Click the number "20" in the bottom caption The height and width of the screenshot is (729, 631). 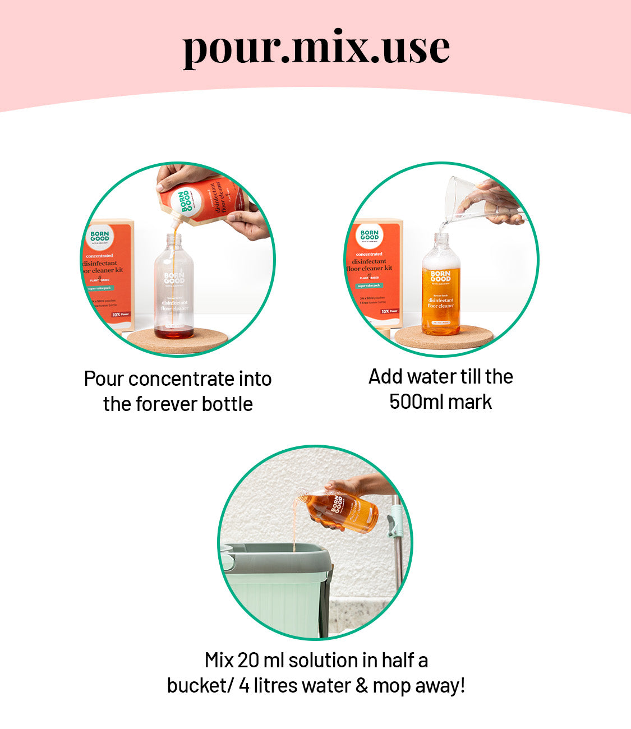point(248,661)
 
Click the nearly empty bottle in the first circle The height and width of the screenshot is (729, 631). point(174,289)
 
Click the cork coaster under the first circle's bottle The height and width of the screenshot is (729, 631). point(179,340)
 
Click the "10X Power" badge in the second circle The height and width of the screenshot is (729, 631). point(389,311)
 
